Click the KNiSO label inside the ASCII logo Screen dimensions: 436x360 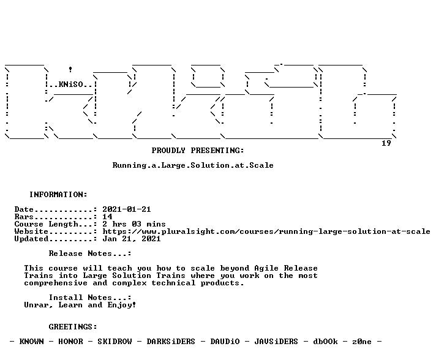pyautogui.click(x=70, y=84)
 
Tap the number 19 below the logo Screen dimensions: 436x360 pyautogui.click(x=386, y=143)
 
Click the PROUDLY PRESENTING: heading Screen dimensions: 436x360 pyautogui.click(x=198, y=151)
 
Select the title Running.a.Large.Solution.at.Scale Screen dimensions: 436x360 pyautogui.click(x=193, y=165)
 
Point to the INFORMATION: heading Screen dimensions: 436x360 pyautogui.click(x=58, y=195)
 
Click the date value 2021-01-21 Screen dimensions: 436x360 pyautogui.click(x=127, y=209)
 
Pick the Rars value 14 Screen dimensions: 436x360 pyautogui.click(x=107, y=217)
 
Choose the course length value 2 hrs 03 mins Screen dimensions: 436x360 pyautogui.click(x=134, y=224)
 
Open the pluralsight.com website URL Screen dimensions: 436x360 pyautogui.click(x=266, y=231)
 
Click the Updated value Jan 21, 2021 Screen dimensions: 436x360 pyautogui.click(x=132, y=239)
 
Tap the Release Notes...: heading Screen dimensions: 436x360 pyautogui.click(x=90, y=253)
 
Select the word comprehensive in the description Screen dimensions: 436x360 pyautogui.click(x=56, y=283)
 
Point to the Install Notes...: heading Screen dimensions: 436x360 pyautogui.click(x=90, y=298)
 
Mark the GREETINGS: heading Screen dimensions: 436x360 pyautogui.click(x=73, y=327)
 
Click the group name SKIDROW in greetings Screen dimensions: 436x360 pyautogui.click(x=115, y=342)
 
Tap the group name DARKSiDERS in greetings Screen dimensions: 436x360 pyautogui.click(x=171, y=342)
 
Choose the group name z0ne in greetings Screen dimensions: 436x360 pyautogui.click(x=362, y=342)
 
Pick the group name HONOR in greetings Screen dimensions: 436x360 pyautogui.click(x=70, y=342)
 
